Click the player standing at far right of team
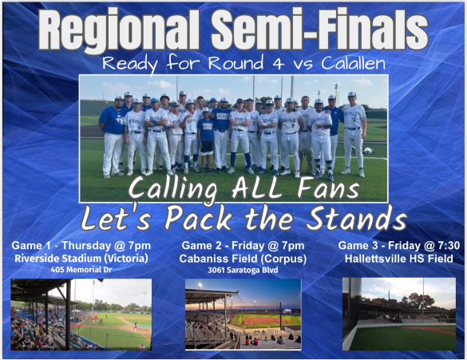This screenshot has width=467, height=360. coord(352,132)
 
